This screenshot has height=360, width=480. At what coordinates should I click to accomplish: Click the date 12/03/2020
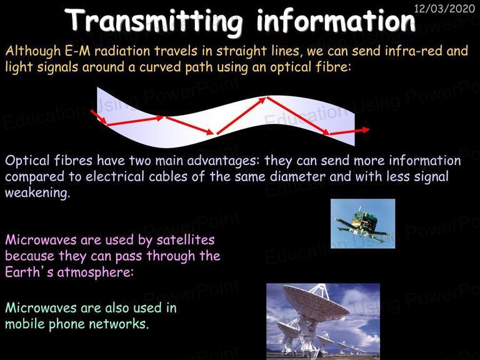444,8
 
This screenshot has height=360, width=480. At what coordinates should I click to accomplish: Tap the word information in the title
336,20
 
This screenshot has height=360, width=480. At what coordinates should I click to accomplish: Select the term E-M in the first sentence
77,51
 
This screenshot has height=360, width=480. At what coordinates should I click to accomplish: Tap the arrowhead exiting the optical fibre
364,129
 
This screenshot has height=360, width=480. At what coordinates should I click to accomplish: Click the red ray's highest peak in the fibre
267,98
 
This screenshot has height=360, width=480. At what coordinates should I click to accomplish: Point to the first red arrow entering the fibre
99,117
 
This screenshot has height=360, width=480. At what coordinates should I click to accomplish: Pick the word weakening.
37,193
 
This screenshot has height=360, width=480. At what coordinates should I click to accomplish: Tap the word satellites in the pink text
186,240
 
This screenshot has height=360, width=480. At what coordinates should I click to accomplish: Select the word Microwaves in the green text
41,307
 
